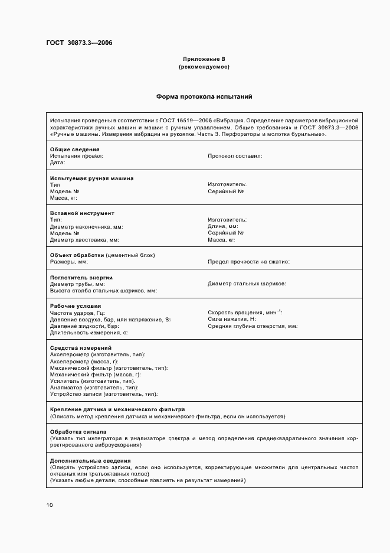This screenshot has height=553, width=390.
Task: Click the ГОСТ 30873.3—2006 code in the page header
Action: pos(79,43)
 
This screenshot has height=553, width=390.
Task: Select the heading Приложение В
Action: pos(204,59)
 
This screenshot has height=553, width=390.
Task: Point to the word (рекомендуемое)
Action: pos(204,67)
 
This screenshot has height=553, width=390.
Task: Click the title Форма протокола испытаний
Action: pos(204,96)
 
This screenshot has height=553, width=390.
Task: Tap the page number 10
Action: pos(50,505)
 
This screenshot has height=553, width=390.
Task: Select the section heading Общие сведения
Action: pos(75,149)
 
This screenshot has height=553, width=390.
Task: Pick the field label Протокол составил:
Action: pos(235,156)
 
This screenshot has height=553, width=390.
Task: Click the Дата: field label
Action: pos(57,162)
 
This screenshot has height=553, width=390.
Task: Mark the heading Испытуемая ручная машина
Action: pos(91,178)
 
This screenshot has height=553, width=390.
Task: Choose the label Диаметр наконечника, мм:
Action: pos(87,226)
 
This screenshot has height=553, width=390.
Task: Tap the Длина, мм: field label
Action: pos(223,226)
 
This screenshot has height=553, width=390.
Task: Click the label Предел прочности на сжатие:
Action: pos(248,262)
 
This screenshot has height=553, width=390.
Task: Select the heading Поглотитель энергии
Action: pos(81,278)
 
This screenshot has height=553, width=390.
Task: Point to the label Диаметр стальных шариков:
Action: pos(247,284)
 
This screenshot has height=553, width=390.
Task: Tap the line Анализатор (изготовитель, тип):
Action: pos(90,387)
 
